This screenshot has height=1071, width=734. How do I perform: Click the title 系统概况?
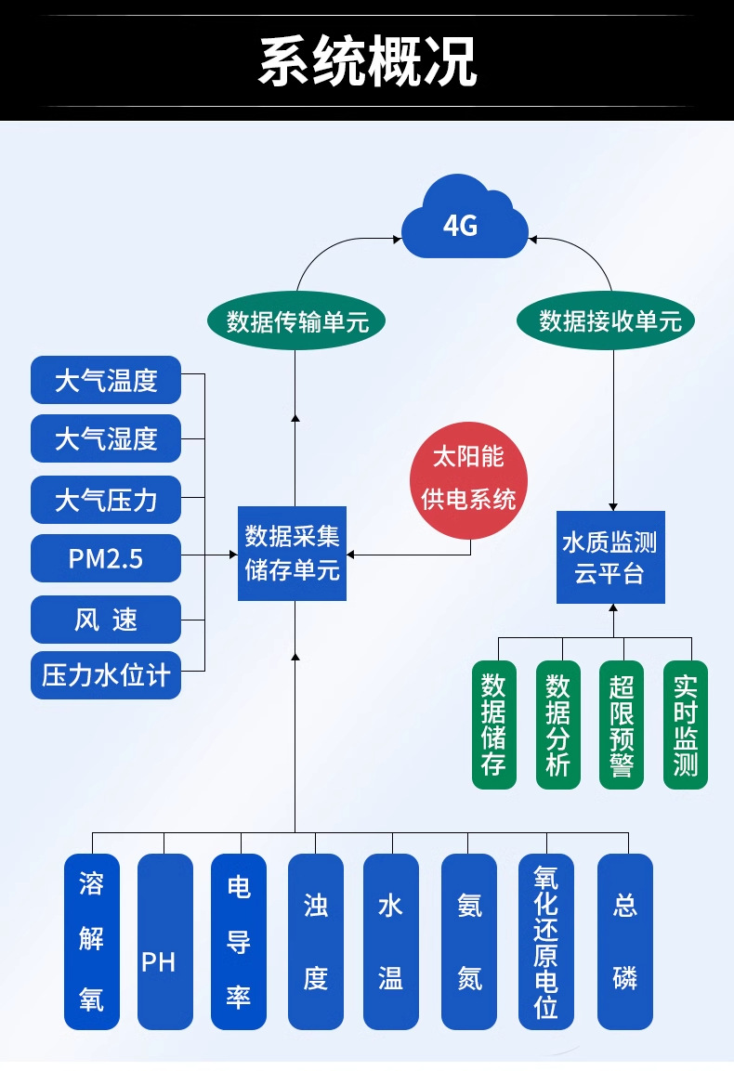367,61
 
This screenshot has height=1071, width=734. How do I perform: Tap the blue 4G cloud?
465,218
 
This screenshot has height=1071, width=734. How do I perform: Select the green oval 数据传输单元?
296,321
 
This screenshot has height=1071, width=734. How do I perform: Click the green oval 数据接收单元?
606,321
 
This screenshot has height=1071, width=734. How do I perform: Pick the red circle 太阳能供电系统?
469,480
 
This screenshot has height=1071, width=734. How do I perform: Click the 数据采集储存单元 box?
292,554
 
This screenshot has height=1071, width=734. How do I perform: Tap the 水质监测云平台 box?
610,557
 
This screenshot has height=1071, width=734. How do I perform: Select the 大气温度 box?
106,380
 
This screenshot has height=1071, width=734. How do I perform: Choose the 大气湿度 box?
106,438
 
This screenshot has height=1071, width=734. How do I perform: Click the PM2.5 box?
106,559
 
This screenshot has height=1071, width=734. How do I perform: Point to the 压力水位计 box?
106,675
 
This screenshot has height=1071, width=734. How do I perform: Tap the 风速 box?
106,620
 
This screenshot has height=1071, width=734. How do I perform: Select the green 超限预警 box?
622,725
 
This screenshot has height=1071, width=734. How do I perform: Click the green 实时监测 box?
686,725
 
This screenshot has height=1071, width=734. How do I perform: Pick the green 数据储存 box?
494,725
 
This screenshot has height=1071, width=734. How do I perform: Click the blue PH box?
165,941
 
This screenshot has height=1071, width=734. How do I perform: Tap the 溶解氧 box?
92,941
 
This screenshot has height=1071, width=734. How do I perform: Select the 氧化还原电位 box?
546,941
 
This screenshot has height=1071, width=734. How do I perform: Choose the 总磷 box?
624,941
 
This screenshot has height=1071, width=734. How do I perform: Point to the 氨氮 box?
469,941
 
